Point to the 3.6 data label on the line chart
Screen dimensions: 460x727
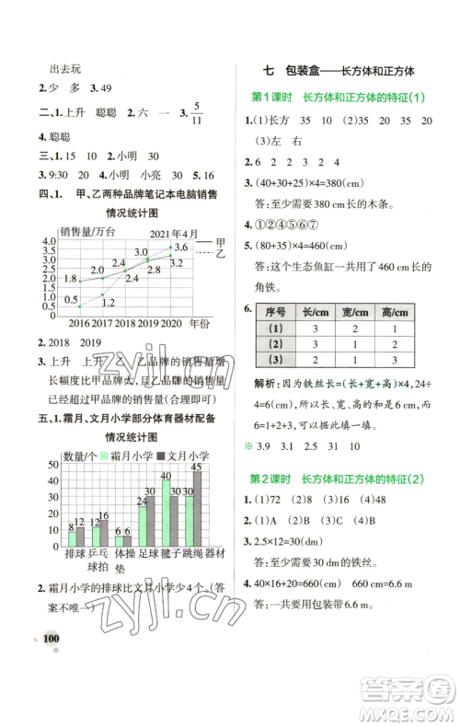point(181,247)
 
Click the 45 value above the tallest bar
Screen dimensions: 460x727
point(196,467)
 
